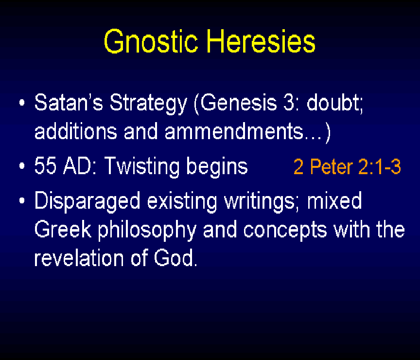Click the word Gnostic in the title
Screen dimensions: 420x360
tap(151, 42)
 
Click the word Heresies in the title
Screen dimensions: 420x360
tap(261, 41)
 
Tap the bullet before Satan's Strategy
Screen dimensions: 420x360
tap(22, 102)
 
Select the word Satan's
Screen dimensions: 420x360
tap(69, 102)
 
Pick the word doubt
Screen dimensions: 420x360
tap(334, 102)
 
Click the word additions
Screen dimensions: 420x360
tap(76, 131)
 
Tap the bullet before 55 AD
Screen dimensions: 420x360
tap(22, 166)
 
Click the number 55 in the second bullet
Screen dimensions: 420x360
tap(45, 166)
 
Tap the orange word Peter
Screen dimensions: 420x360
tap(332, 166)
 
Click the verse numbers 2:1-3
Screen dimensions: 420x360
tap(379, 166)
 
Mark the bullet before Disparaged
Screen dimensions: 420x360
tap(22, 200)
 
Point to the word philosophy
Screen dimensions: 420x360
tap(147, 231)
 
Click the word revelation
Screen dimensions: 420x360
tap(79, 258)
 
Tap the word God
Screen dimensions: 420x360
tap(175, 258)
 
